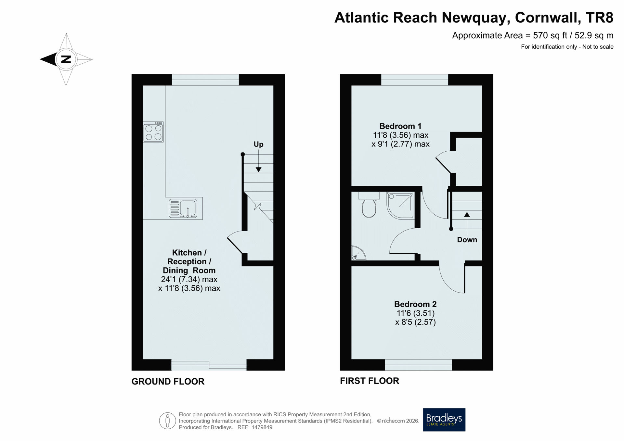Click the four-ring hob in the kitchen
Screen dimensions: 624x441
pos(153,132)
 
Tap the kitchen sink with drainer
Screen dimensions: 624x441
pos(183,208)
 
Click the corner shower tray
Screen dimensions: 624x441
pos(400,206)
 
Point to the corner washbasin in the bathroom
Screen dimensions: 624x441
pos(358,253)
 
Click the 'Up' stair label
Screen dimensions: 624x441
pos(258,144)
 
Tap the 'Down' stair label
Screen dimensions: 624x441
pos(467,240)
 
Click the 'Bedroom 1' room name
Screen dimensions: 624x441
pos(400,126)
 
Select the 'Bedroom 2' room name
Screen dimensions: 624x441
pos(415,304)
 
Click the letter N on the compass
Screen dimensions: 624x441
pos(66,59)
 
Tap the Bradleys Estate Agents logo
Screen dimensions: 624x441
pos(444,420)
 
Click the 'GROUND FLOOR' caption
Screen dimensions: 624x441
pos(168,382)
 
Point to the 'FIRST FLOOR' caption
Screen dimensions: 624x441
pos(370,381)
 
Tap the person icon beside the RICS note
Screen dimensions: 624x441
pos(167,421)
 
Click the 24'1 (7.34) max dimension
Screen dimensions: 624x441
pos(189,279)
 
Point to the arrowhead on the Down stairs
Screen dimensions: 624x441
pos(467,214)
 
